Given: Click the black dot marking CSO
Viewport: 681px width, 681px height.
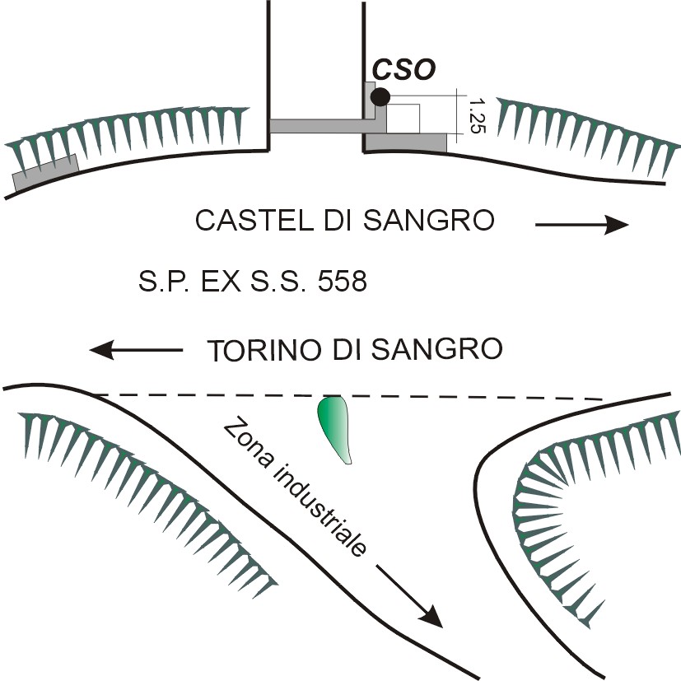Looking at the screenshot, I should click(380, 97).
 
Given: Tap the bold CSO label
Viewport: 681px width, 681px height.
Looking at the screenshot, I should click(403, 72).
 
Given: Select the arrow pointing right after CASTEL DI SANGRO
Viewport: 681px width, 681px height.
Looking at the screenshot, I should click(581, 224).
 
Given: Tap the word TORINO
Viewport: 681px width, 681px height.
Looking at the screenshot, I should click(260, 349).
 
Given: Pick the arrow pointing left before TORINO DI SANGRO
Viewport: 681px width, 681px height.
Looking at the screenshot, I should click(136, 350).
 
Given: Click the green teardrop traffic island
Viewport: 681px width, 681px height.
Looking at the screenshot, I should click(334, 425).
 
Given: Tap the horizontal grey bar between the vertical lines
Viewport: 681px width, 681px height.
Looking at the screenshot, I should click(317, 126).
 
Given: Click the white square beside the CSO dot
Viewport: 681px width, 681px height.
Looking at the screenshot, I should click(403, 118).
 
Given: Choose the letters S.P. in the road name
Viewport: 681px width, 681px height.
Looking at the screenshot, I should click(157, 283).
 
